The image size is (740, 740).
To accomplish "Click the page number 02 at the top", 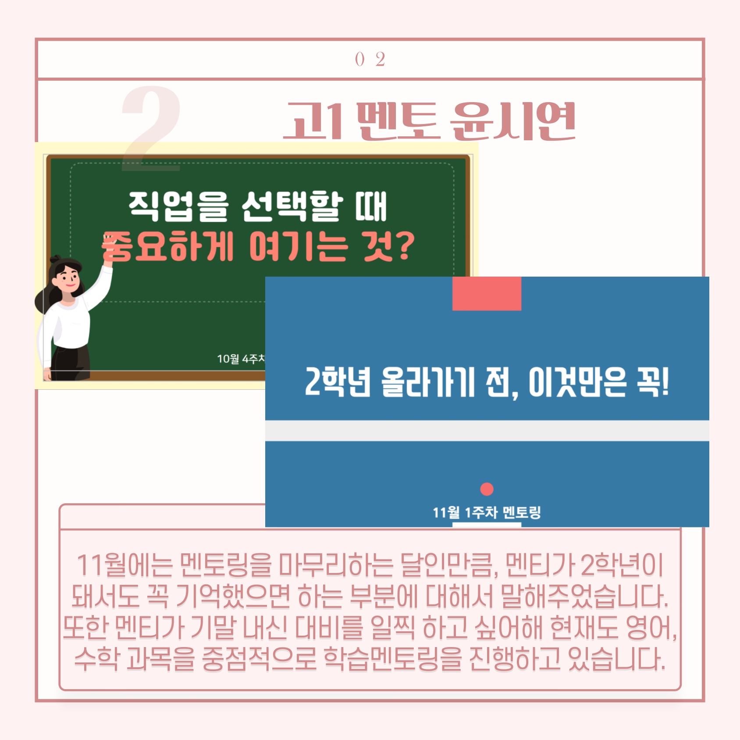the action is coord(370,59).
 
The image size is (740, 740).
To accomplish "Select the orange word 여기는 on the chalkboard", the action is coord(299,246).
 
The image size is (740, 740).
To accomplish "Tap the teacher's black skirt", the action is coord(71,363).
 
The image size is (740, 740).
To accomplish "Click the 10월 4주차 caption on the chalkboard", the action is coord(241,359).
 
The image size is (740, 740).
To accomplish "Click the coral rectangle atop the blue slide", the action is coord(487,294).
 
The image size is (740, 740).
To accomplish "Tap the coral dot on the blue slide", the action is coord(487,489).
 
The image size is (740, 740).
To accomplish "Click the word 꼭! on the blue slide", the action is coord(653,382).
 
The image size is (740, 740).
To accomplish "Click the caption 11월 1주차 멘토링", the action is coord(487,512).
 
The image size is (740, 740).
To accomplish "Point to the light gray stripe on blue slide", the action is coord(487,431).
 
